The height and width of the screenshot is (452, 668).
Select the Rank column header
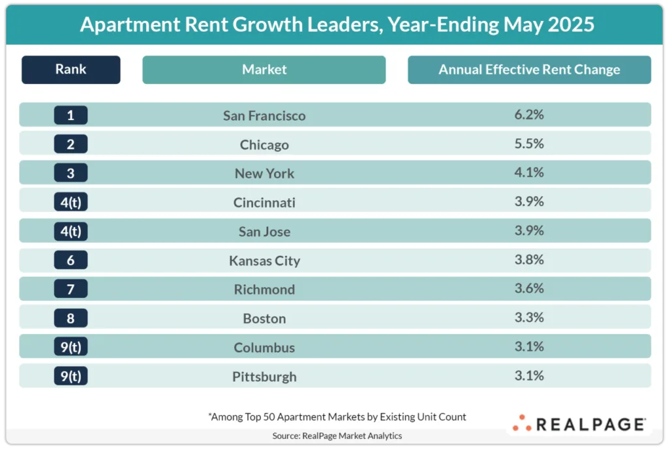tap(70, 69)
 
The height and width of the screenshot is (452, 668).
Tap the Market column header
tap(264, 69)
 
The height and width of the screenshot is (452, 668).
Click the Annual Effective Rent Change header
tap(529, 69)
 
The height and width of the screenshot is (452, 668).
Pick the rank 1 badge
tap(70, 115)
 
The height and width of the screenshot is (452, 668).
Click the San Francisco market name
tap(264, 116)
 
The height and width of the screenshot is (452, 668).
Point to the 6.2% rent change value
tap(529, 115)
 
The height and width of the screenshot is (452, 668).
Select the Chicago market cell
tap(264, 145)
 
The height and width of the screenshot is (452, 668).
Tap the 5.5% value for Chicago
tap(529, 143)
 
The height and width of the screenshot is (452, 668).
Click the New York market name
tap(264, 173)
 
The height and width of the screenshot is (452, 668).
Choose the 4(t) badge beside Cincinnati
tap(70, 202)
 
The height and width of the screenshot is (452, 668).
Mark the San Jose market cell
tap(264, 232)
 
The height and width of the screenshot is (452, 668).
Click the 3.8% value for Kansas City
tap(529, 260)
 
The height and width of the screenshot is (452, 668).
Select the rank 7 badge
tap(70, 289)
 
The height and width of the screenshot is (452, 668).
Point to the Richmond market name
tap(264, 290)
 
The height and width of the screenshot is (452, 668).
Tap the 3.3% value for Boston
tap(529, 318)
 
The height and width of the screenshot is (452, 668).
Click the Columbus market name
tap(264, 348)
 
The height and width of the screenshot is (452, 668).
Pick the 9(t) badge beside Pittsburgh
tap(70, 376)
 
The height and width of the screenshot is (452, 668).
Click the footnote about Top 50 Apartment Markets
tap(337, 417)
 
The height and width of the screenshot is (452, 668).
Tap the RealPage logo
tap(579, 424)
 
